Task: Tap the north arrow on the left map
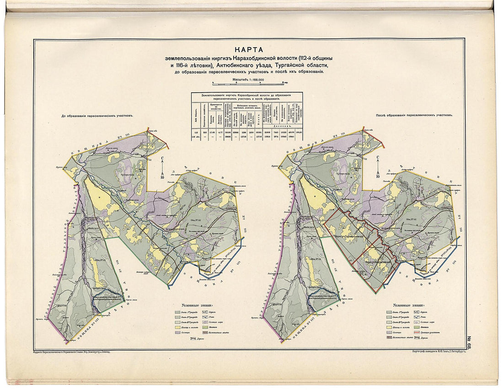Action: (x=162, y=166)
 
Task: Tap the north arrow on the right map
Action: (x=378, y=166)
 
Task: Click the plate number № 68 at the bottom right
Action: (x=470, y=343)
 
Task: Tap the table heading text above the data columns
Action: (x=247, y=96)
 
